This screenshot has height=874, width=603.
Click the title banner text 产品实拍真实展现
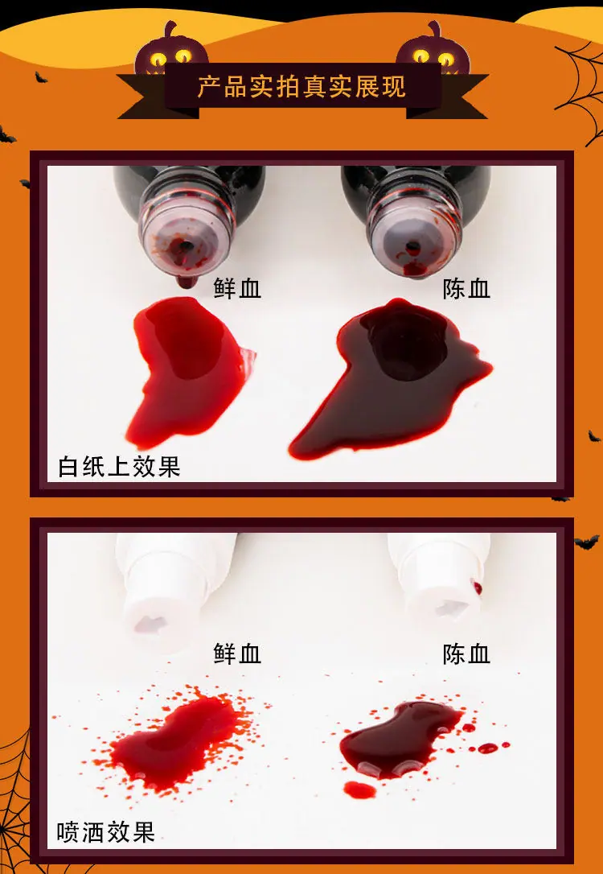coord(301,88)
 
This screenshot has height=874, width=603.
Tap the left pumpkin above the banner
coord(171,50)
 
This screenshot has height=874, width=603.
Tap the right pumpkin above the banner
coord(433,50)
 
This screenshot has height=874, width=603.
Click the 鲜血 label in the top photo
coord(237,289)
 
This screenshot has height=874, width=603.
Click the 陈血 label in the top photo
coord(466,289)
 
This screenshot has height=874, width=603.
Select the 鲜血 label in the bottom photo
coord(237,653)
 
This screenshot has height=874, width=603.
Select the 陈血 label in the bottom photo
coord(466,653)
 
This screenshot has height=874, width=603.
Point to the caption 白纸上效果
coord(119,467)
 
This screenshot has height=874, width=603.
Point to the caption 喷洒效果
coord(106,833)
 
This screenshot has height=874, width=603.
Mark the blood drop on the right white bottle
coord(477,587)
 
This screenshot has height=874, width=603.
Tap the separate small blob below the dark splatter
coord(359,789)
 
